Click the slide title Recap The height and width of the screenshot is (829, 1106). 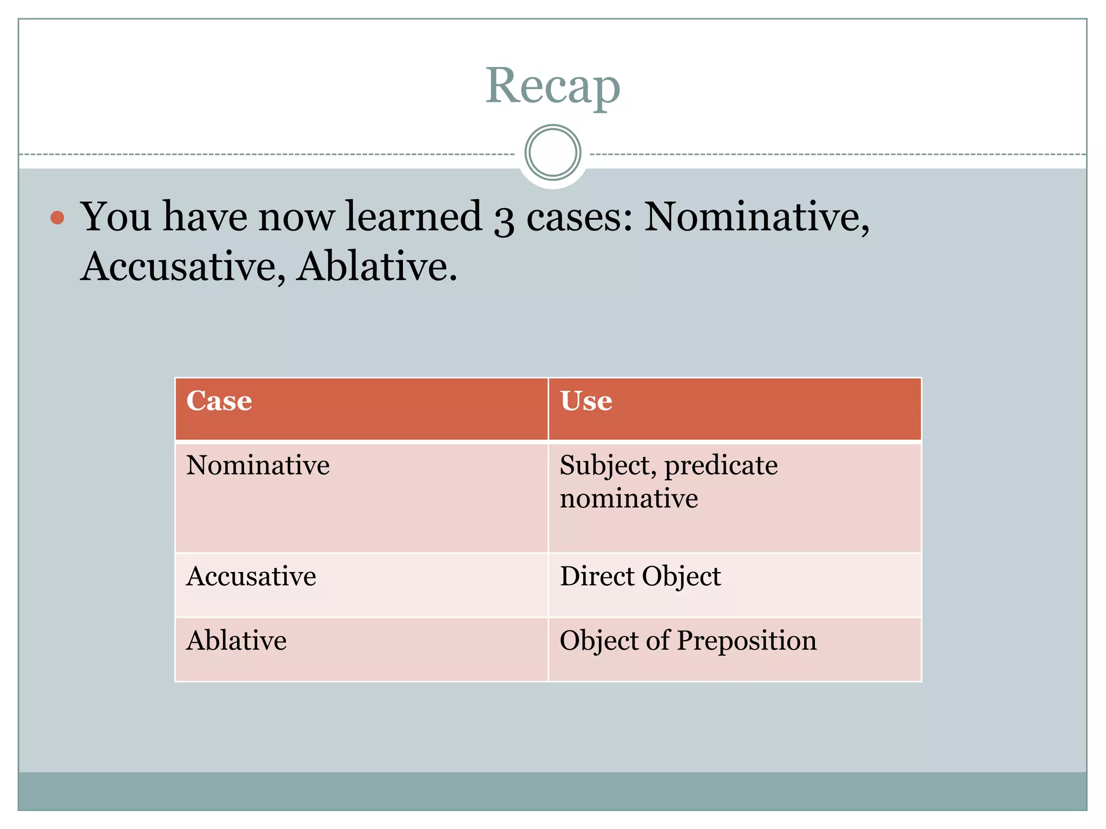point(552,86)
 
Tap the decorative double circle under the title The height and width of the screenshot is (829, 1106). point(552,153)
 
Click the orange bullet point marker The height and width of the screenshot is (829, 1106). point(57,218)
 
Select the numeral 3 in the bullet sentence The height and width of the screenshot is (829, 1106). point(503,219)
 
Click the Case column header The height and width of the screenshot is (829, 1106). point(219,401)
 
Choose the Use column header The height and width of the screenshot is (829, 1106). point(586,401)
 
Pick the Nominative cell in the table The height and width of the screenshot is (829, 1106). point(258,465)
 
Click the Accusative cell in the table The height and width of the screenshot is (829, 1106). point(251,576)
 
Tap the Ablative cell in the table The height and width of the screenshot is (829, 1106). point(236,641)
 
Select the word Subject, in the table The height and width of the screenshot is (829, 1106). point(608,466)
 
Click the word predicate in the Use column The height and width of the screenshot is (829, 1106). point(721,466)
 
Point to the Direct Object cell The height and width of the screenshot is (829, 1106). point(640,576)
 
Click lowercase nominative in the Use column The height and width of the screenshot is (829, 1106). point(629,498)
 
